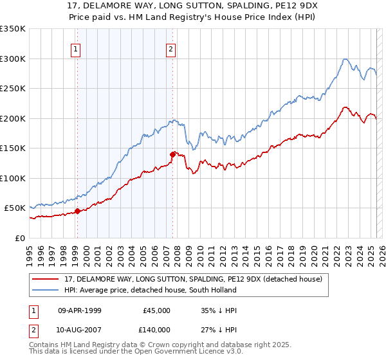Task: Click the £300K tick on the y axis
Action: tap(13, 59)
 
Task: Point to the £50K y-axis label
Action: tap(15, 208)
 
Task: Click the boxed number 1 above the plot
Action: tap(76, 49)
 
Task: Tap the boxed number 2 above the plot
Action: tap(171, 49)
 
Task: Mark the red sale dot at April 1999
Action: tap(77, 211)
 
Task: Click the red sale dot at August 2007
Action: tap(172, 154)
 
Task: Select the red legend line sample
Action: tap(46, 278)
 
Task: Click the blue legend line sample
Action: tap(46, 290)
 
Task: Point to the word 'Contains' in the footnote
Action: tap(44, 345)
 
